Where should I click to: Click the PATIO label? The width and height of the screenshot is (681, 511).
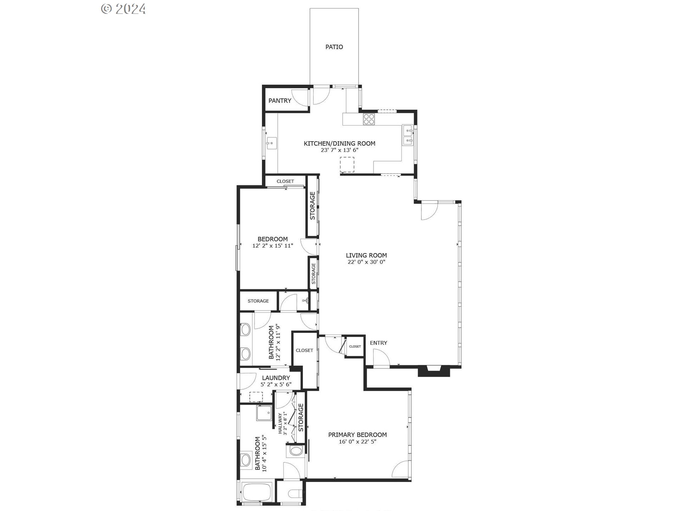(x=334, y=47)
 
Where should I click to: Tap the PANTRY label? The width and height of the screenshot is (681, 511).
(x=279, y=101)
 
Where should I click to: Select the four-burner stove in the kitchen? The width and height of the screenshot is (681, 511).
(x=369, y=119)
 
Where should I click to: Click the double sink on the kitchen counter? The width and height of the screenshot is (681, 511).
(x=408, y=135)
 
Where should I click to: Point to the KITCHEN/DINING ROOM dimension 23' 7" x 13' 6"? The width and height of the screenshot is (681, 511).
(x=339, y=150)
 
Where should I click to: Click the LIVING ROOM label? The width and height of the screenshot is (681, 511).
(x=366, y=255)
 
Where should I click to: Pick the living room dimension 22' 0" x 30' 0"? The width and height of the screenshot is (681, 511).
(x=366, y=262)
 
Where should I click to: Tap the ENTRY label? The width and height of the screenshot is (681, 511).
(x=378, y=343)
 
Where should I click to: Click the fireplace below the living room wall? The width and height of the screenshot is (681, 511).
(x=434, y=372)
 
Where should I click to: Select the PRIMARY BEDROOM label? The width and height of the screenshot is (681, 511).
(x=357, y=435)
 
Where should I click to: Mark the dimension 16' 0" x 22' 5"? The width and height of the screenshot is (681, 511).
(x=357, y=442)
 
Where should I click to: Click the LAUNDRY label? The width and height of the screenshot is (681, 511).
(x=276, y=378)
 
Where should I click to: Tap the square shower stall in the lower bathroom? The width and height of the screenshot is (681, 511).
(x=264, y=412)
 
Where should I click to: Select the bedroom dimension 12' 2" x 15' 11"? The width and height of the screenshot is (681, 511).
(x=272, y=246)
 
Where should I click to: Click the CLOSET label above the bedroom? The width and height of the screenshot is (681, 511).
(x=285, y=181)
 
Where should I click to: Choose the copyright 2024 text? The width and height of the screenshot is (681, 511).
(x=123, y=9)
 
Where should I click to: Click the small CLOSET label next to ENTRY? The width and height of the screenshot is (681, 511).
(x=355, y=346)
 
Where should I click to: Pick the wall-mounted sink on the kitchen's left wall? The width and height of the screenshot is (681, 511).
(x=272, y=144)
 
